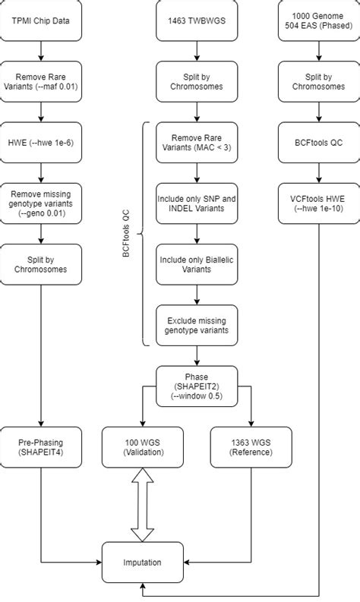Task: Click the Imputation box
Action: [143, 563]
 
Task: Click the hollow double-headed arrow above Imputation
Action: [143, 503]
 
